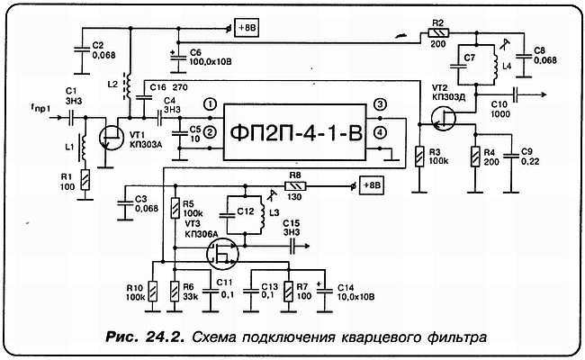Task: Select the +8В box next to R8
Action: pyautogui.click(x=371, y=187)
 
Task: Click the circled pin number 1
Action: pyautogui.click(x=209, y=104)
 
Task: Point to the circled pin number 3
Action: pyautogui.click(x=381, y=105)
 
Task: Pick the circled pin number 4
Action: pyautogui.click(x=381, y=133)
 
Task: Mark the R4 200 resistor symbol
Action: pyautogui.click(x=475, y=155)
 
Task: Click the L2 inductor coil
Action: pyautogui.click(x=128, y=85)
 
